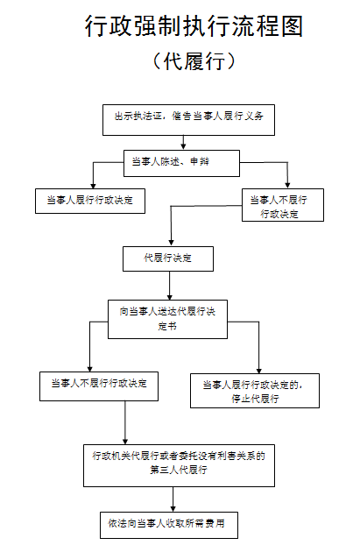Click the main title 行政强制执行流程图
[x=194, y=25]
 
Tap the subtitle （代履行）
[x=194, y=61]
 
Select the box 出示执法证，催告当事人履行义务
[x=188, y=120]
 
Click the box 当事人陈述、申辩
[x=181, y=163]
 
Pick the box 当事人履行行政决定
[x=90, y=201]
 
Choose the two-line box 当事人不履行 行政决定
[x=283, y=205]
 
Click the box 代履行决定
[x=168, y=259]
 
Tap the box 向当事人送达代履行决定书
[x=168, y=320]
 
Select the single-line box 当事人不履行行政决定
[x=99, y=386]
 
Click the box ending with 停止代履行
[x=255, y=391]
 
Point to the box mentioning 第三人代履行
[x=179, y=465]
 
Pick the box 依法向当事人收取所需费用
[x=169, y=525]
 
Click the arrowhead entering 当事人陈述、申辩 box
[x=183, y=147]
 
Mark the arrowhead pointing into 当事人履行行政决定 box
[x=93, y=186]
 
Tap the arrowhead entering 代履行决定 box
[x=171, y=244]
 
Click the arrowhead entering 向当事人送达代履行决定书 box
[x=170, y=297]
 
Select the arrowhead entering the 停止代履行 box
[x=259, y=371]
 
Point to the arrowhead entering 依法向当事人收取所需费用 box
[x=173, y=508]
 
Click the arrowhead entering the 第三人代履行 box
[x=125, y=441]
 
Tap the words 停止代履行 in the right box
[x=255, y=399]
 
